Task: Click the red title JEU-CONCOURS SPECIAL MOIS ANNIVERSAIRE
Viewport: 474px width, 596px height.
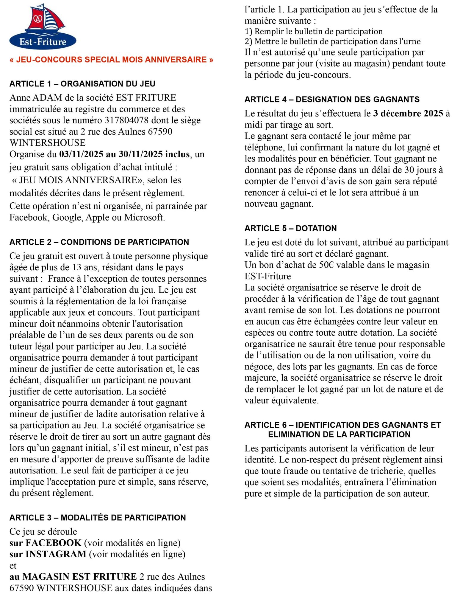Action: click(111, 60)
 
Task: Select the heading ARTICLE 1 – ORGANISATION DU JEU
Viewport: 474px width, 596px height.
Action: click(82, 84)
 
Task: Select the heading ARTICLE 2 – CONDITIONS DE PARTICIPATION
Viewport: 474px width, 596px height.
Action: click(99, 242)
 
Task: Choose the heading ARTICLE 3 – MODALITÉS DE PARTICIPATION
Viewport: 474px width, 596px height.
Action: click(98, 518)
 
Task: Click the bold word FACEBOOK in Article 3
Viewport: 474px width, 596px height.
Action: click(54, 543)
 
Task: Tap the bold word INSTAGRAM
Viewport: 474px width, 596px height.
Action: click(56, 554)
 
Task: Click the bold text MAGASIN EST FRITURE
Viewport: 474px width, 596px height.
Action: click(80, 577)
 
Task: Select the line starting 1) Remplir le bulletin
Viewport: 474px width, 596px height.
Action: click(314, 32)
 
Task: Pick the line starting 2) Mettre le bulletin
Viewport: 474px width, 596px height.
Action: click(333, 41)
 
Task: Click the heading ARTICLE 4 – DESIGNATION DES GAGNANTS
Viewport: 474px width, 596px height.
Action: click(332, 100)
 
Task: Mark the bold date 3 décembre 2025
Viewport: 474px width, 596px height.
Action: click(408, 114)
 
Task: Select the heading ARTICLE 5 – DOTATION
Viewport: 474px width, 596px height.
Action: click(291, 229)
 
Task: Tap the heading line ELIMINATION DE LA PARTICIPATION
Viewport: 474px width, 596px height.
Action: click(339, 434)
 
